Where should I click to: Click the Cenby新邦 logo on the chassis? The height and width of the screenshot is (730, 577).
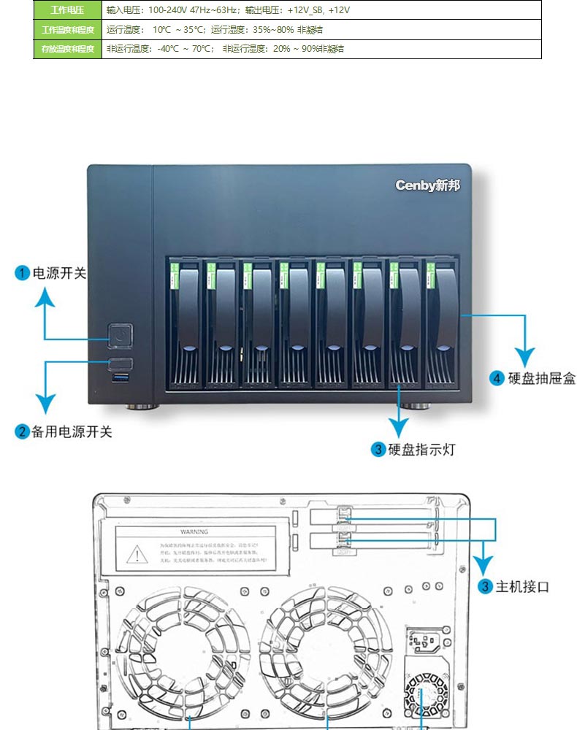point(427,185)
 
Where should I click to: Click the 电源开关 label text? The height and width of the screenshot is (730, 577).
point(59,274)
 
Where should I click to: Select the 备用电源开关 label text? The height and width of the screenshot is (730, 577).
point(72,432)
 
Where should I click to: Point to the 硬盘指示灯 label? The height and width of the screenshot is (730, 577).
point(421,450)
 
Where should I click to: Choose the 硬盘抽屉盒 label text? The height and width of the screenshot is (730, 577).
point(542,378)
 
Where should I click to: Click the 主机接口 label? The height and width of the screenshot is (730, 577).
point(522,587)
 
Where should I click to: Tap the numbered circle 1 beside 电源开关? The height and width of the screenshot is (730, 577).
point(23,274)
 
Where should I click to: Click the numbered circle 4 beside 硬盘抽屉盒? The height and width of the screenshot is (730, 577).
point(497,378)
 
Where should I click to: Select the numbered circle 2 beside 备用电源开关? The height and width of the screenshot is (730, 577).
point(23,432)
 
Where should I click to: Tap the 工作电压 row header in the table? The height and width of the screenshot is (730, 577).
point(67,10)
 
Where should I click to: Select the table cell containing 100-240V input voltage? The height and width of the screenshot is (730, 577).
point(321,10)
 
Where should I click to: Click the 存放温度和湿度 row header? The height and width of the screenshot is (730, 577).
point(67,49)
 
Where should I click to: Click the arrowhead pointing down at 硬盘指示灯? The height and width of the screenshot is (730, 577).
point(398,429)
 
